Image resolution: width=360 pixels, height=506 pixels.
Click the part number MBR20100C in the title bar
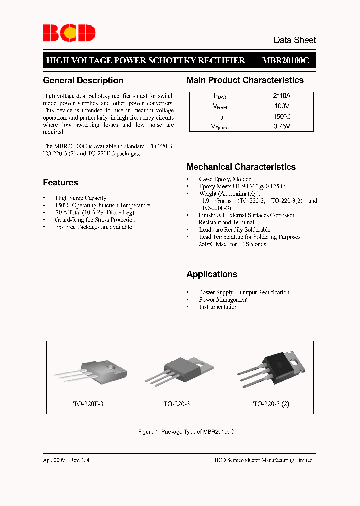tap(286, 60)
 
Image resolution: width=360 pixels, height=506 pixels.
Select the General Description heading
tap(83, 80)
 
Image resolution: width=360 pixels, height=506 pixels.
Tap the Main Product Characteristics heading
tap(245, 80)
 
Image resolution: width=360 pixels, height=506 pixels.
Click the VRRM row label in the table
tap(220, 106)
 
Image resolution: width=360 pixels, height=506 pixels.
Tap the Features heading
tap(60, 182)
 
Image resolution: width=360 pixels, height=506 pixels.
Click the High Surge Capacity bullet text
tap(81, 198)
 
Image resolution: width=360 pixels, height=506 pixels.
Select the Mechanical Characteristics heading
tap(241, 167)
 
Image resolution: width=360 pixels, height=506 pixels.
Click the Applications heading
tap(212, 274)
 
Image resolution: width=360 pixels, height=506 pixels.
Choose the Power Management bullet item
tap(223, 300)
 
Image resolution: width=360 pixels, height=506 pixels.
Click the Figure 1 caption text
tap(186, 431)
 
